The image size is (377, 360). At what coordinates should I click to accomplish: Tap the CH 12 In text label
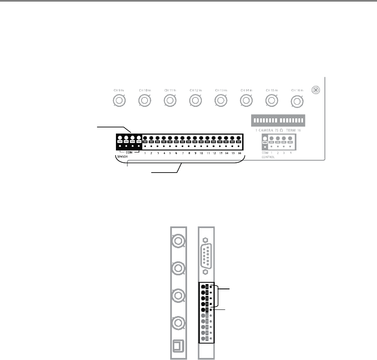point(195,90)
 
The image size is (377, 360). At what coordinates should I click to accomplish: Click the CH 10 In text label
point(144,90)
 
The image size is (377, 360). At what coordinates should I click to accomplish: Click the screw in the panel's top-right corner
point(315,90)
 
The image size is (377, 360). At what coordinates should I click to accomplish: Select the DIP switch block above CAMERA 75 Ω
point(278,121)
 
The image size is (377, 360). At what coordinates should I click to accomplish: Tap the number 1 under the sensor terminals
point(145,153)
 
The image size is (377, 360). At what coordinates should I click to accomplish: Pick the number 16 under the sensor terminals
point(239,153)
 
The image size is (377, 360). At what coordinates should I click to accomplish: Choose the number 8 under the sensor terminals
point(189,153)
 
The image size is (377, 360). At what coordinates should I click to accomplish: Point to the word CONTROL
point(268,157)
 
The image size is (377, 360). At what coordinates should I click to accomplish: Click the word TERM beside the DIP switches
point(291,130)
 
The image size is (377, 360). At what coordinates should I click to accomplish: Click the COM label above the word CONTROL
point(265,152)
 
